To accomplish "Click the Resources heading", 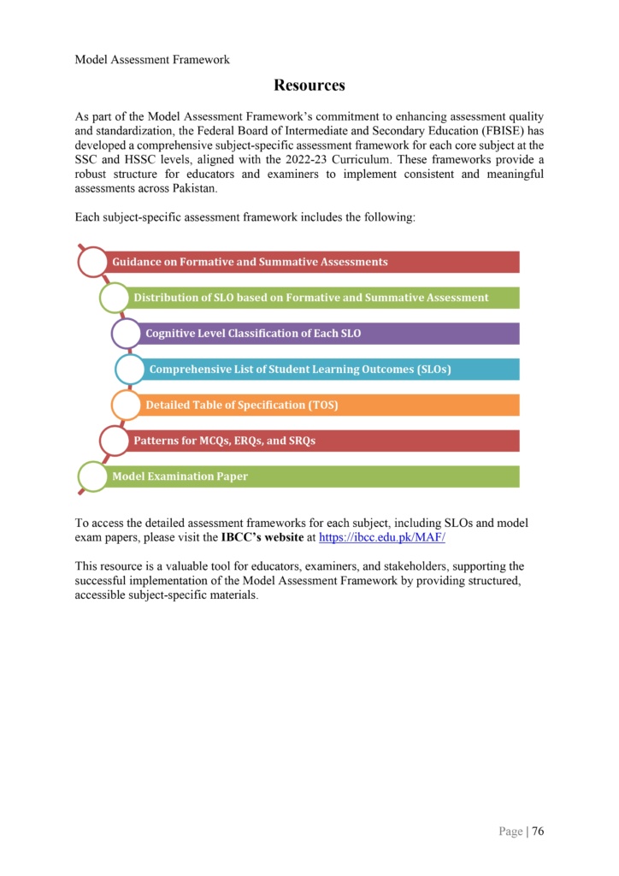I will (309, 85).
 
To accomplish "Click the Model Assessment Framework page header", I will (152, 59).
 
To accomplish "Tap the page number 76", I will (538, 830).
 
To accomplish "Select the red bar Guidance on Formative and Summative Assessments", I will (313, 262).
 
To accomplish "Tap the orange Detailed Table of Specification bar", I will (329, 405).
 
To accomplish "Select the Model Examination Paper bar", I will (313, 476).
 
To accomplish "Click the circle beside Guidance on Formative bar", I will (93, 262).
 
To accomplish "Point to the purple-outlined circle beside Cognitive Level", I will (127, 333).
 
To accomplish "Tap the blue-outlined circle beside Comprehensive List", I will (130, 369).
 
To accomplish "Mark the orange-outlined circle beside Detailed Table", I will (127, 405).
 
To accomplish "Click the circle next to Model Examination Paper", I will (93, 476).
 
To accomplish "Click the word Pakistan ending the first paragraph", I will (193, 188).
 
